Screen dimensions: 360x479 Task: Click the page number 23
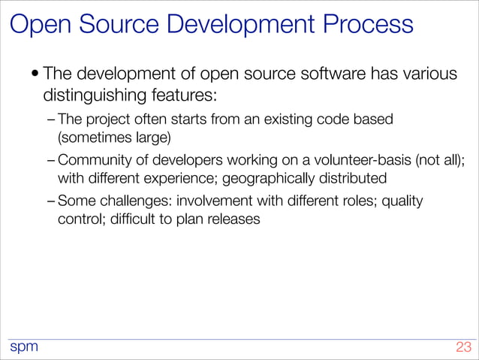pos(462,347)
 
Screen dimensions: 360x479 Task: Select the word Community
pos(94,159)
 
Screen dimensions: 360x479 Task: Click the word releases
pos(236,220)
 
